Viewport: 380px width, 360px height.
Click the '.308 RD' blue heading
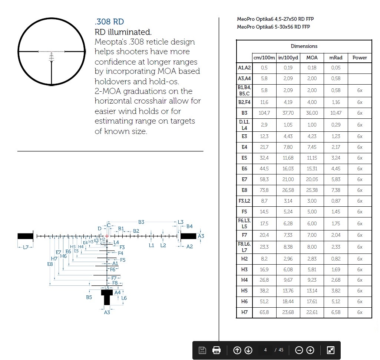(109, 22)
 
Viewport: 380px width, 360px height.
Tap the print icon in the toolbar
(217, 350)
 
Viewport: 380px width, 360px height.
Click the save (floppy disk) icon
(202, 350)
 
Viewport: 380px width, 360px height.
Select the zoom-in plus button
(310, 350)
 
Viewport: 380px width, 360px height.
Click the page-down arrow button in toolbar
(248, 350)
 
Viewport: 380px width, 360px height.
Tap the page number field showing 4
(265, 350)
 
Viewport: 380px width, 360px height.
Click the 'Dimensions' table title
(304, 46)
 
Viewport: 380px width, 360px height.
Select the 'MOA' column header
(312, 58)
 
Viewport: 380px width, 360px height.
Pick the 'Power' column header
(360, 58)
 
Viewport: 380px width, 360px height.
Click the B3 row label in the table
(244, 113)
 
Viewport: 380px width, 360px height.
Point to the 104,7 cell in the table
(264, 113)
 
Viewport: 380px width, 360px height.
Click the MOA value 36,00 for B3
(312, 113)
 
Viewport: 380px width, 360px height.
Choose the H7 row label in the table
(244, 312)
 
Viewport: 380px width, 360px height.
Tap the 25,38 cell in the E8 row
(312, 190)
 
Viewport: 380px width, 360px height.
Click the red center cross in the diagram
(107, 236)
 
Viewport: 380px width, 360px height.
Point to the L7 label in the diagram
(26, 247)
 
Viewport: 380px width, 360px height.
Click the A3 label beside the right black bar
(201, 236)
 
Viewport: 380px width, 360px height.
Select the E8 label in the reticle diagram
(50, 264)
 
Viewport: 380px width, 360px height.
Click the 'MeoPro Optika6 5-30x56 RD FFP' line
(274, 27)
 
